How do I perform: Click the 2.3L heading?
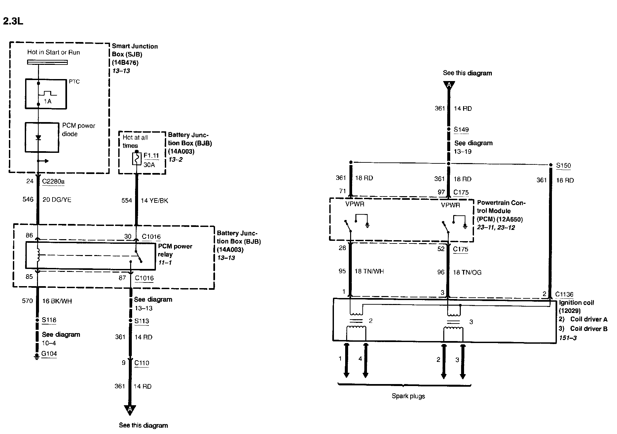pyautogui.click(x=13, y=21)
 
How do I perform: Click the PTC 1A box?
pyautogui.click(x=46, y=94)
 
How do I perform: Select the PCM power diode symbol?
pyautogui.click(x=38, y=137)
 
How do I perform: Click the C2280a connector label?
pyautogui.click(x=54, y=181)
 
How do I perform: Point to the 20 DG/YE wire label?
pyautogui.click(x=57, y=199)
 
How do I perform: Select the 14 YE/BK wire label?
pyautogui.click(x=155, y=200)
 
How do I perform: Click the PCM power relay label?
pyautogui.click(x=175, y=250)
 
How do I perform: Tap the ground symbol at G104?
pyautogui.click(x=36, y=357)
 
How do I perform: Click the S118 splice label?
pyautogui.click(x=49, y=320)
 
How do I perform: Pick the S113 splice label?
pyautogui.click(x=141, y=321)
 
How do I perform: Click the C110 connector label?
pyautogui.click(x=142, y=363)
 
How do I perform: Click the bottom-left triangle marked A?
pyautogui.click(x=130, y=410)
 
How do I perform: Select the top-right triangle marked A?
pyautogui.click(x=449, y=85)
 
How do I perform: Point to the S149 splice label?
pyautogui.click(x=461, y=129)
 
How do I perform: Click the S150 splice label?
pyautogui.click(x=563, y=165)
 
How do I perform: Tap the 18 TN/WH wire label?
pyautogui.click(x=369, y=271)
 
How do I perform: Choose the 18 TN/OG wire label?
pyautogui.click(x=467, y=272)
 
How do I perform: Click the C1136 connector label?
pyautogui.click(x=564, y=294)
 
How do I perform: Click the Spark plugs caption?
pyautogui.click(x=408, y=396)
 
